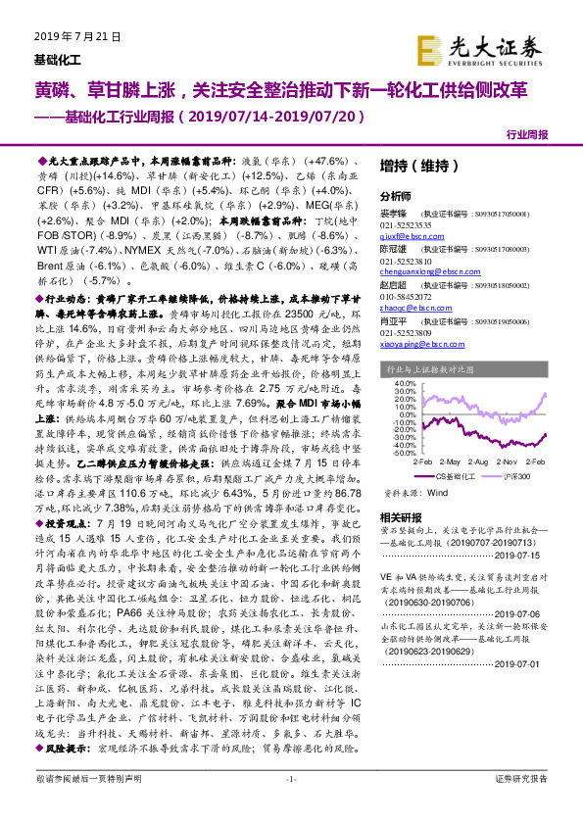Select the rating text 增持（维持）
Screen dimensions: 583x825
410,166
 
